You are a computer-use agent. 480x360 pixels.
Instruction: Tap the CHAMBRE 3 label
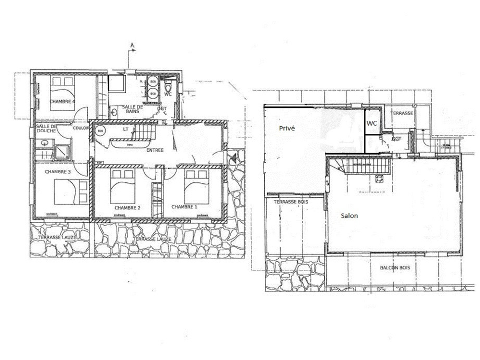coord(58,171)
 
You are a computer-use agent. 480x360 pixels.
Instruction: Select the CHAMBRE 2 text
coord(128,207)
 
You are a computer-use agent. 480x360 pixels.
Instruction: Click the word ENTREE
coord(155,150)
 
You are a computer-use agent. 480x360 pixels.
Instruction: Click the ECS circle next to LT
coord(100,131)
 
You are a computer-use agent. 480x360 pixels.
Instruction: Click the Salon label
coord(349,215)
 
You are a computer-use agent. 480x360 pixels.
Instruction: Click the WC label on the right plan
coord(372,123)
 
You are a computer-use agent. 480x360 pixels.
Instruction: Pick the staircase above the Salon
coord(364,167)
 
